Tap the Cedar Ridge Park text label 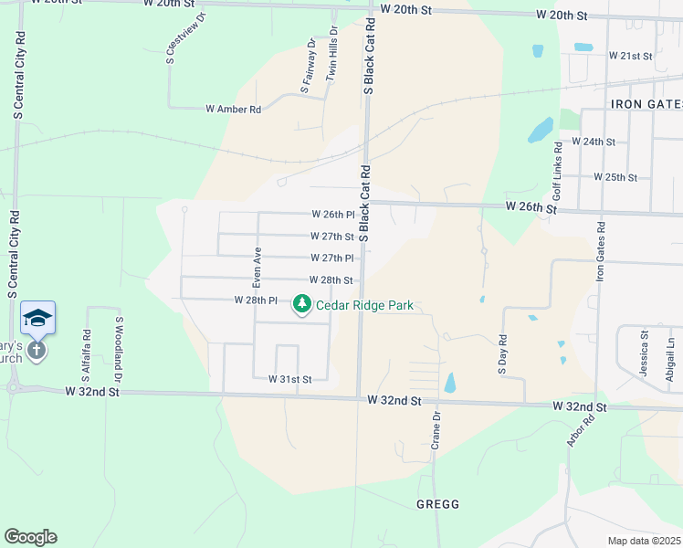pyautogui.click(x=365, y=305)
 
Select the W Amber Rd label pyautogui.click(x=234, y=109)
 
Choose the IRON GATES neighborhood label pyautogui.click(x=646, y=104)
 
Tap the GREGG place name pyautogui.click(x=437, y=504)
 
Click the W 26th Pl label pyautogui.click(x=332, y=215)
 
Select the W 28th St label pyautogui.click(x=331, y=280)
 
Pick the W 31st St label pyautogui.click(x=289, y=379)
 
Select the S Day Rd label pyautogui.click(x=502, y=354)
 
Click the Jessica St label pyautogui.click(x=645, y=348)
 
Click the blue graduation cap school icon pyautogui.click(x=37, y=318)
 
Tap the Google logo pyautogui.click(x=30, y=537)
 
